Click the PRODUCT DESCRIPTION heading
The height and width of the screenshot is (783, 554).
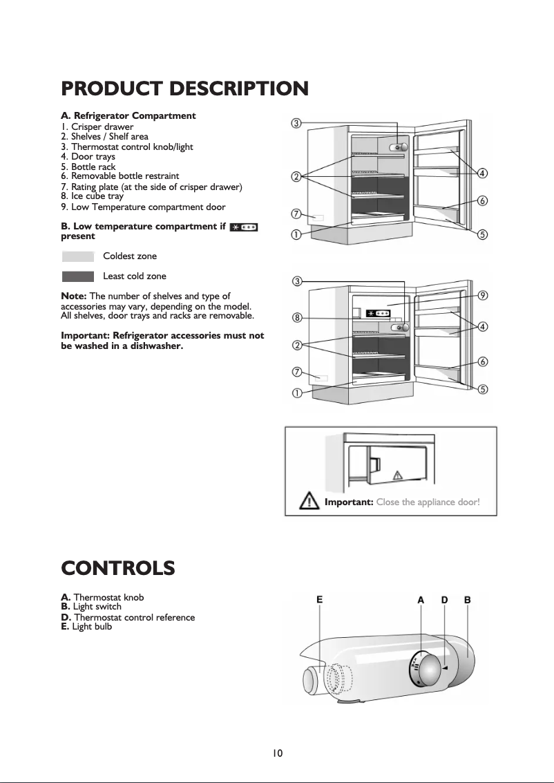(x=184, y=89)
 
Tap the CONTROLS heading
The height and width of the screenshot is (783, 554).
(x=117, y=569)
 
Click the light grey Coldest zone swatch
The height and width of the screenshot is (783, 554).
(x=77, y=256)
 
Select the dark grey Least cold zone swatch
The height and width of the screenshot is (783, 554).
(x=77, y=276)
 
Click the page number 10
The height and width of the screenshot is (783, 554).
(x=277, y=753)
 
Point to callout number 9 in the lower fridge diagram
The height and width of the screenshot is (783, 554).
(x=483, y=295)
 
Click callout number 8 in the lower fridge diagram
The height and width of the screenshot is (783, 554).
(x=296, y=319)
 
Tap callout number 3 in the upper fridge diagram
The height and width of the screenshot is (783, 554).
(x=296, y=124)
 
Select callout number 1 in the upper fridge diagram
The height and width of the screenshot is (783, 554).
(x=296, y=234)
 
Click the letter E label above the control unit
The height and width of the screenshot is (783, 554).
(x=320, y=600)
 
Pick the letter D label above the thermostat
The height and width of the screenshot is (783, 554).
(x=445, y=600)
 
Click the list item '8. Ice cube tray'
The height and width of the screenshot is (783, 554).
(x=93, y=196)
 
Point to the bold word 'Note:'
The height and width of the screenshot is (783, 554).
(x=75, y=296)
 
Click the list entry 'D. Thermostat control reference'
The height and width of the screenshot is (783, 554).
(x=128, y=617)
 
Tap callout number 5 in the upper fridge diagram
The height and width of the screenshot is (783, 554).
(x=483, y=234)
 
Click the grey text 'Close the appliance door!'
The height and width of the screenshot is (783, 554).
(x=428, y=502)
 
